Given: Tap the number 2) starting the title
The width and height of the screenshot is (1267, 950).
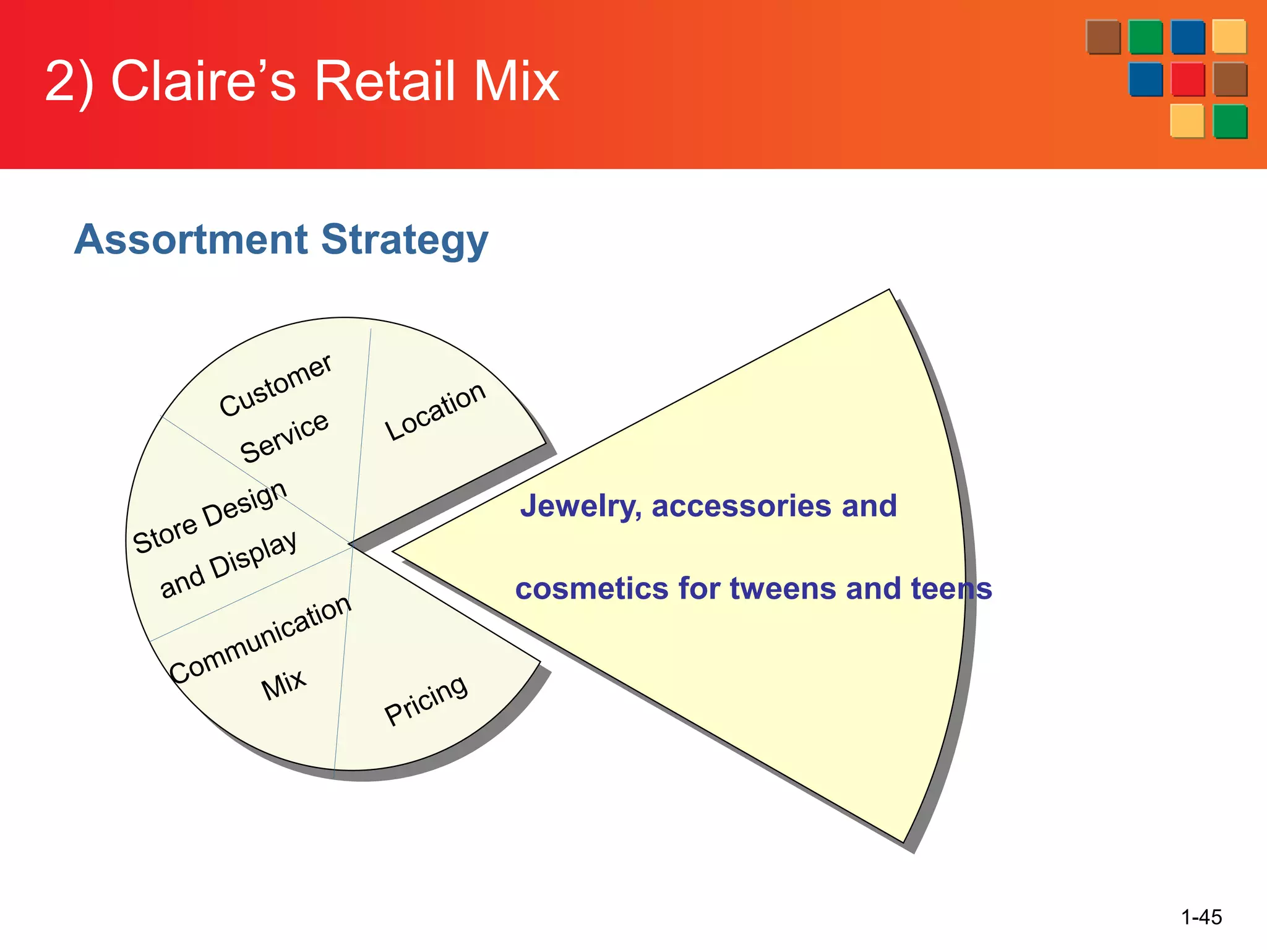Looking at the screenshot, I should coord(69,81).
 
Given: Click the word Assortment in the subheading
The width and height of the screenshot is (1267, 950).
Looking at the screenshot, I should coord(191,239).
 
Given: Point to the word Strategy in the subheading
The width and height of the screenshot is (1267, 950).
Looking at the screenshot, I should coord(405,241).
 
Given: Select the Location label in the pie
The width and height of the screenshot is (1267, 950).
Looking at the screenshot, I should coord(435,411).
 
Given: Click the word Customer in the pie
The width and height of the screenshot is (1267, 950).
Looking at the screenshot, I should coord(275,385).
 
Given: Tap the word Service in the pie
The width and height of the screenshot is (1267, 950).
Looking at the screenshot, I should coord(285,437).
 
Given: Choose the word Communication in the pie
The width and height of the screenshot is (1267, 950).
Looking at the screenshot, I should coord(260,640).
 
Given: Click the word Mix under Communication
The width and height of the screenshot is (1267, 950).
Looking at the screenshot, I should coord(283,685).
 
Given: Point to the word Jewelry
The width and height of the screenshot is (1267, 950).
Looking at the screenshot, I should coord(580,507).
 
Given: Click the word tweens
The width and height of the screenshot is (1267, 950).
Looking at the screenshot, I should coord(783,588).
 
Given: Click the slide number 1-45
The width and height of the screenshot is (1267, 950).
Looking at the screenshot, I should coord(1201,917).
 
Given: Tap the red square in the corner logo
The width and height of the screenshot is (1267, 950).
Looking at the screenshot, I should coord(1187,79).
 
